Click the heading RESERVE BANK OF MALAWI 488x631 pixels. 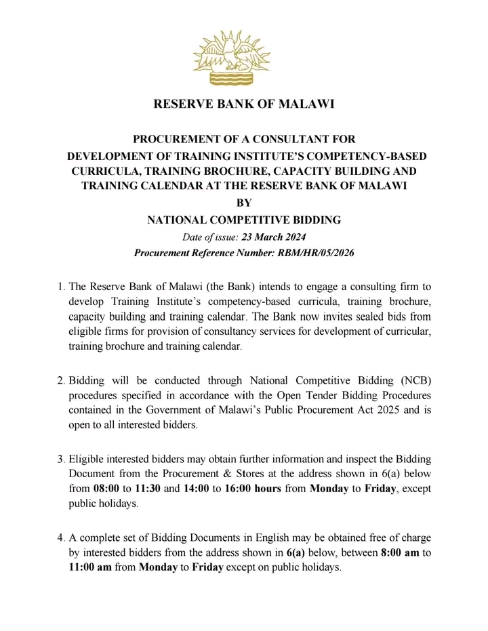coord(244,104)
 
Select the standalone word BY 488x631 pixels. coord(243,203)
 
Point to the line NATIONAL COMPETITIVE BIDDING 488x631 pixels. coord(244,220)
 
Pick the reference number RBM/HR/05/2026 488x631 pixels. coord(304,253)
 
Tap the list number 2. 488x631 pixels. coord(60,380)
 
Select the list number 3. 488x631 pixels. coord(60,460)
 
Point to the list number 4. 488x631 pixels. coord(60,538)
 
